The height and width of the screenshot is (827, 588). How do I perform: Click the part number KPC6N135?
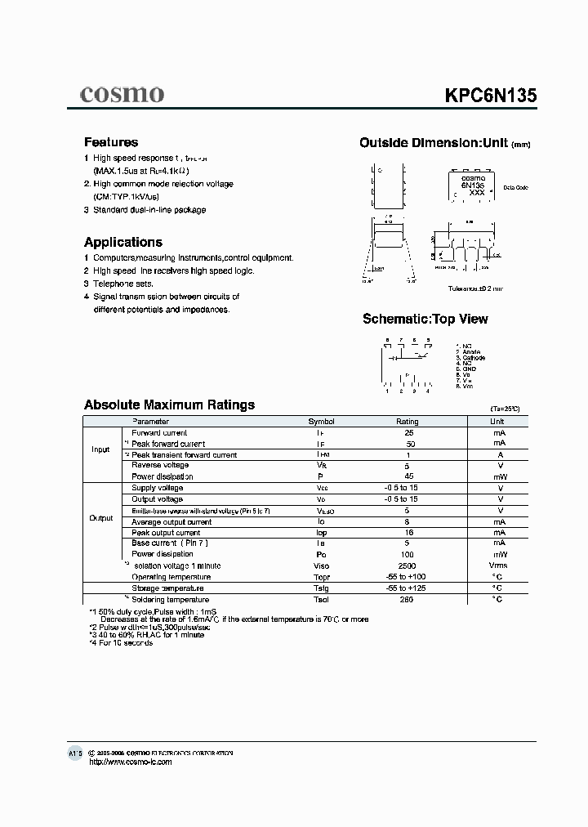pos(490,94)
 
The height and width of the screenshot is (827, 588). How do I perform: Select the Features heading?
pos(111,142)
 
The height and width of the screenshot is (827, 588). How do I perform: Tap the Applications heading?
pos(123,242)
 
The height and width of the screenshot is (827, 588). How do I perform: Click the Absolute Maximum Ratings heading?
pos(170,405)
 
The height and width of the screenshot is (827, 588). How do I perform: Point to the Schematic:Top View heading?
pos(425,319)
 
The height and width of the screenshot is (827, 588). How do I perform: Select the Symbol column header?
pos(321,422)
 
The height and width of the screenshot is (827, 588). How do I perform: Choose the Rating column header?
pos(407,422)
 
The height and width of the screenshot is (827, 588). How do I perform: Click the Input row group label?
pos(100,449)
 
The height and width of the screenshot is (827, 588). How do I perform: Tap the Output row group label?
pos(100,518)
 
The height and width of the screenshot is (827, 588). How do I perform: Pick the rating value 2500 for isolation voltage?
pos(407,565)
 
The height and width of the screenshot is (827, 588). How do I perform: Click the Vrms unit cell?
pos(497,565)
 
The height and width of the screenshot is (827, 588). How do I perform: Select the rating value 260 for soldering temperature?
pos(407,600)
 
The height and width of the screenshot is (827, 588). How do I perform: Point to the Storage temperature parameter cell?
pos(167,588)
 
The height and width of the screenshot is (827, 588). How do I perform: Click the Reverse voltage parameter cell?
pos(160,465)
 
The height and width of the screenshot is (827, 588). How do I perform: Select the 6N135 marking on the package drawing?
pos(473,186)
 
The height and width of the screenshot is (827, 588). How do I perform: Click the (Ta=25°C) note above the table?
pos(505,408)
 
